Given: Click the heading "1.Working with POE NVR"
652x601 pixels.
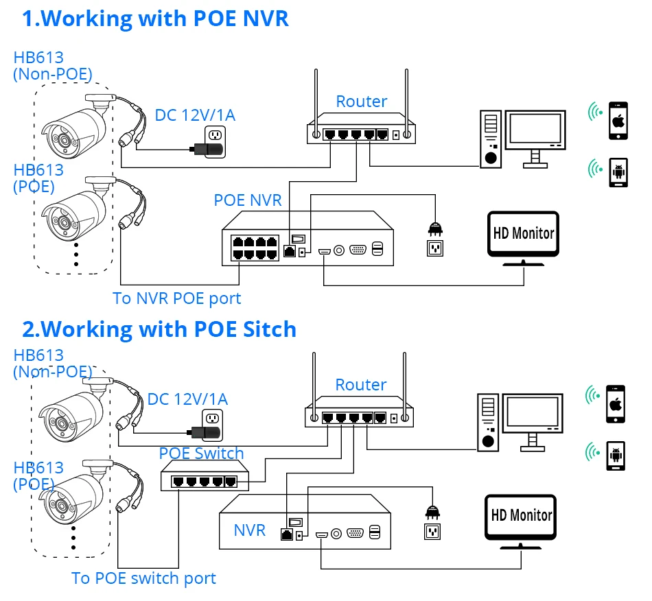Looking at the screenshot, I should pyautogui.click(x=155, y=19).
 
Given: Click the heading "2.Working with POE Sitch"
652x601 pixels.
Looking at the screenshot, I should pyautogui.click(x=159, y=329).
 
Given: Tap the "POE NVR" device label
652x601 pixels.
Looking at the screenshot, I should pyautogui.click(x=247, y=200).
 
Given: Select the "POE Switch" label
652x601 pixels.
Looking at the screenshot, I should pyautogui.click(x=201, y=453).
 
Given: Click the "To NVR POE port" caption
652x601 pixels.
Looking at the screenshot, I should pyautogui.click(x=177, y=298).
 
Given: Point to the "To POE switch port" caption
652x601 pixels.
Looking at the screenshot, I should pyautogui.click(x=143, y=578).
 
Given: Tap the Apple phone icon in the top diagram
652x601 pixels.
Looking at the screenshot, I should pyautogui.click(x=620, y=121).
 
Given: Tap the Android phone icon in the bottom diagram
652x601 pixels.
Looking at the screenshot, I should pyautogui.click(x=616, y=454).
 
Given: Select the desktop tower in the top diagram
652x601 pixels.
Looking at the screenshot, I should pyautogui.click(x=490, y=141).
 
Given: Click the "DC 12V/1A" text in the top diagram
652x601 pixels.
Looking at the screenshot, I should pyautogui.click(x=195, y=115).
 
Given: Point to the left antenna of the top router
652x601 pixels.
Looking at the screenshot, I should pyautogui.click(x=316, y=99).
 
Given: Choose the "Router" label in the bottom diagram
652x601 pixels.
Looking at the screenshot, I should pyautogui.click(x=361, y=385).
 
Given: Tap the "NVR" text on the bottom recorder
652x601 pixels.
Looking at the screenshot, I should pyautogui.click(x=249, y=530).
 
